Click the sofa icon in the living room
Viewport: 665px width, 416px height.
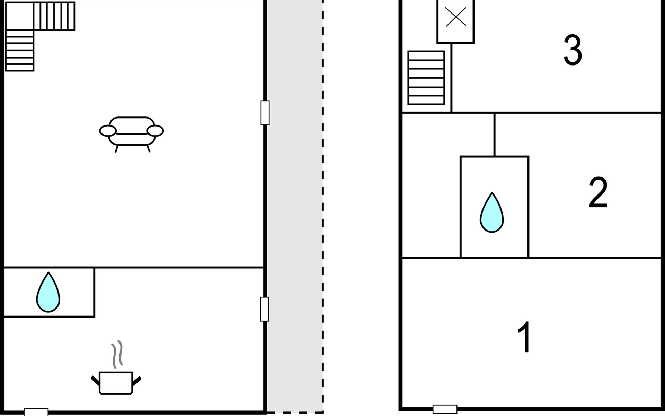[131, 132]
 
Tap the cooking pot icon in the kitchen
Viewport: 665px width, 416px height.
[116, 383]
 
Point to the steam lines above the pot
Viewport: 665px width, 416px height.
[117, 354]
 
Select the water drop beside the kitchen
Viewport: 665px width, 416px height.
[48, 293]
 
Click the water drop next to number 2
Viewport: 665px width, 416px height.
[491, 213]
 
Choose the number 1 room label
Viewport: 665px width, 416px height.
[524, 337]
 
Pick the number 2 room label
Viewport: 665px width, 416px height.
[598, 192]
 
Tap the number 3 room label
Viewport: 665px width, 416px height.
[573, 50]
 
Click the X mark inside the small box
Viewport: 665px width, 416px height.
[455, 17]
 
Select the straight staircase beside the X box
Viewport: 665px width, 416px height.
[426, 78]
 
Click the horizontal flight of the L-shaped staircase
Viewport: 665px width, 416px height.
[54, 16]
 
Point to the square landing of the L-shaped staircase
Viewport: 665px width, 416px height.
[19, 16]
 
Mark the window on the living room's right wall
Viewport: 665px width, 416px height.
[265, 113]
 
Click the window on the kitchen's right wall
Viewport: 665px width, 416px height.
[265, 309]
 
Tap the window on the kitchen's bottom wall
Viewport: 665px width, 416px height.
[36, 412]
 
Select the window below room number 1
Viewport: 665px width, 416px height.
[445, 409]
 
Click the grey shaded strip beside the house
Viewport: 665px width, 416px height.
[294, 208]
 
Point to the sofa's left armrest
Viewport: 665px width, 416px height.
[108, 131]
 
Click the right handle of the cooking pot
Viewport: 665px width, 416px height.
[137, 381]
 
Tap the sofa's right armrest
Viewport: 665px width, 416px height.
[155, 131]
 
